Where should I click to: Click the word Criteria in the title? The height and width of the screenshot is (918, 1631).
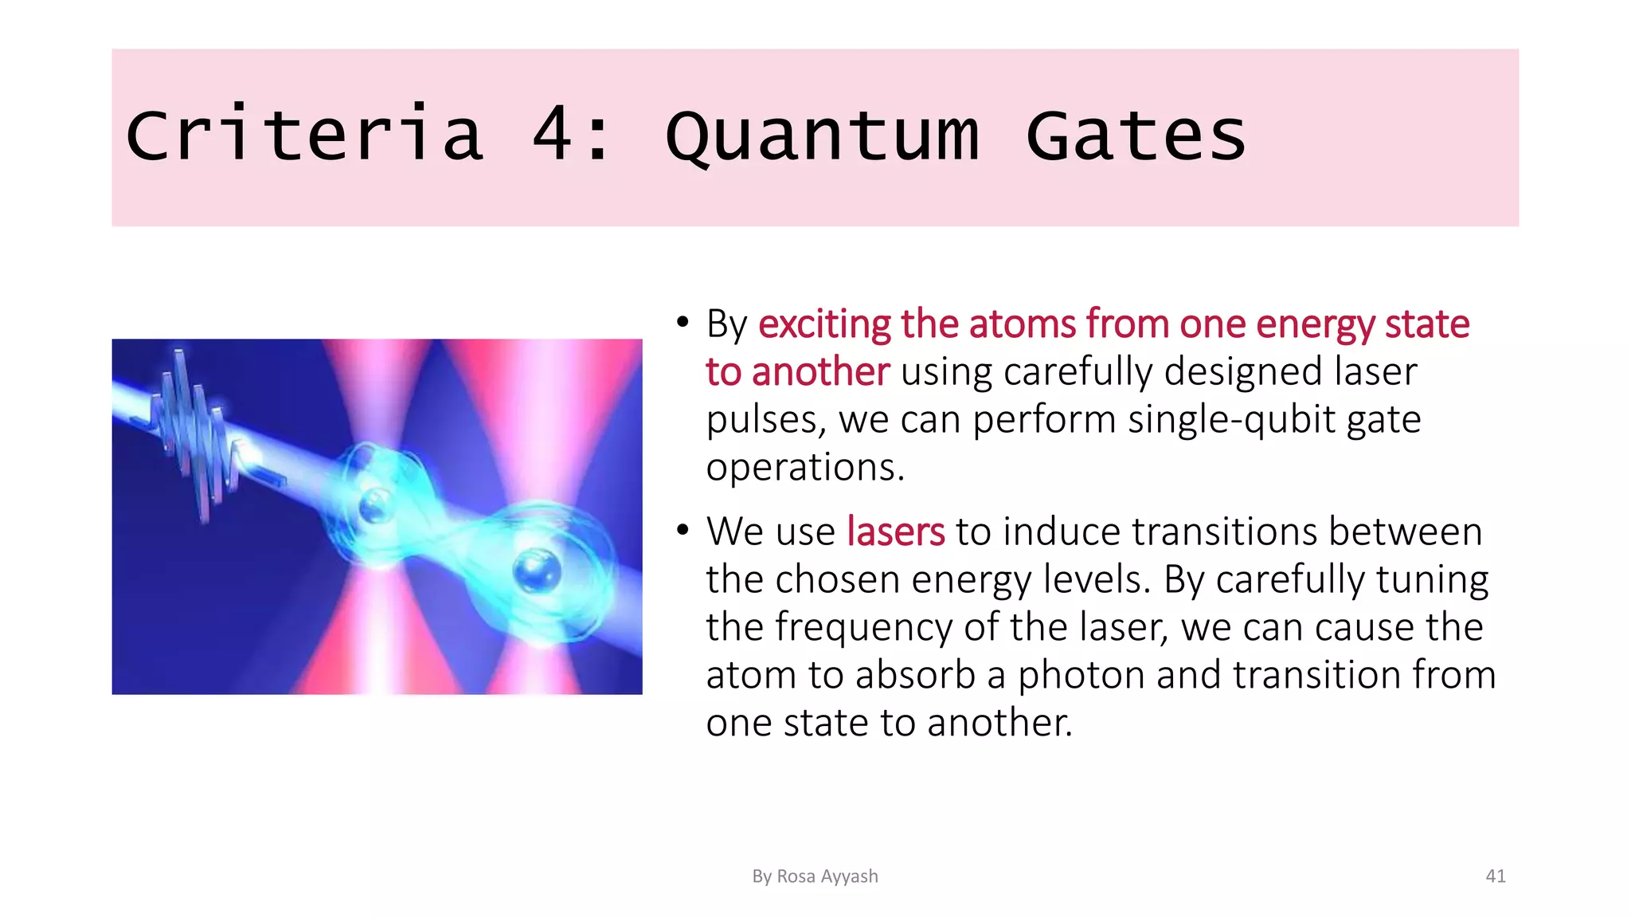[304, 135]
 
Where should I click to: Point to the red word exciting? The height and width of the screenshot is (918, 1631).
[824, 325]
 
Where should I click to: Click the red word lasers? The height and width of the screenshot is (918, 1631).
[895, 532]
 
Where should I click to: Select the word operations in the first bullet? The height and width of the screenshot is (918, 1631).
[805, 468]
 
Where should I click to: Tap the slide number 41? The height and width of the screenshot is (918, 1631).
[1496, 877]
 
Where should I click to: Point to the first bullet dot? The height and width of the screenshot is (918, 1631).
[682, 324]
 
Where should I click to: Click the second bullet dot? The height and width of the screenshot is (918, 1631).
[682, 531]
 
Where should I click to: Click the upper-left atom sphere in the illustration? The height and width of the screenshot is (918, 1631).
[374, 504]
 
